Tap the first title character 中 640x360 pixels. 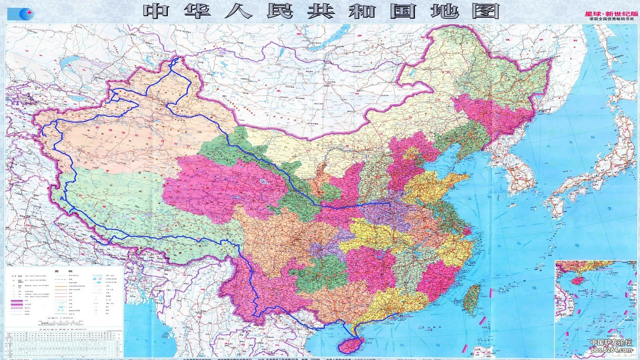coord(156,11)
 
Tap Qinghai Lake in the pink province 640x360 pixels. coord(264,181)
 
